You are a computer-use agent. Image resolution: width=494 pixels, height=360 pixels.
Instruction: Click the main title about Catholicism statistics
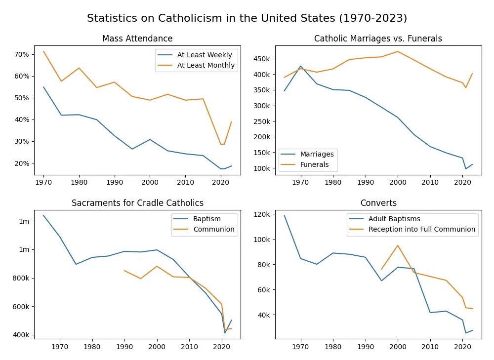(247, 18)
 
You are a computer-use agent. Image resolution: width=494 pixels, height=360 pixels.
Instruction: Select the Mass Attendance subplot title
(137, 39)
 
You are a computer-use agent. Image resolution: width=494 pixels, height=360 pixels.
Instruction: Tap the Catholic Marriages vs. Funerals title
(378, 39)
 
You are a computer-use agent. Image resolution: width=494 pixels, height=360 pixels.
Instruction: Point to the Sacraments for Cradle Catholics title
(137, 203)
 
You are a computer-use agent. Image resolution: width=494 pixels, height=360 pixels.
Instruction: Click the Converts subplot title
(378, 203)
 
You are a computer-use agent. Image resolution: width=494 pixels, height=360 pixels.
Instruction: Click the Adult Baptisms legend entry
(391, 219)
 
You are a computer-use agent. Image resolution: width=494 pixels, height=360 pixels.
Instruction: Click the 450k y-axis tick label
(261, 59)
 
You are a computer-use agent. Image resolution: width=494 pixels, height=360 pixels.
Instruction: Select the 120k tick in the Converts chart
(261, 214)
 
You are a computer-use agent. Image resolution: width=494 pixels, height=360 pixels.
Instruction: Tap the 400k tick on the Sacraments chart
(21, 335)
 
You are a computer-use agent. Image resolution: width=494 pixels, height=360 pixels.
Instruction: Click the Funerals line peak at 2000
(398, 51)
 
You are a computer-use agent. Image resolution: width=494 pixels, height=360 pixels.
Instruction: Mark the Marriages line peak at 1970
(300, 66)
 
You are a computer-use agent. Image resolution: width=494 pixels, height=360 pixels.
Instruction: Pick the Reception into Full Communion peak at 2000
(398, 245)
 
